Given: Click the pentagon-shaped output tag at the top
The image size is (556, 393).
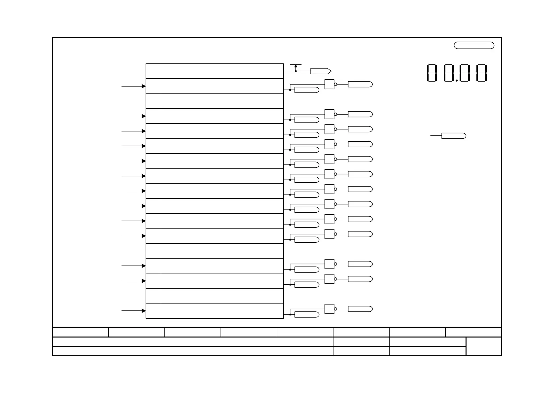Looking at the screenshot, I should (321, 71).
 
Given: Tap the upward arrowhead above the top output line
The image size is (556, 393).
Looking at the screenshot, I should (295, 66).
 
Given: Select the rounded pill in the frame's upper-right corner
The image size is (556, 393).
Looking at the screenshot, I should (474, 46).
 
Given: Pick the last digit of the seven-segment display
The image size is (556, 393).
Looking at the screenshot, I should (481, 73).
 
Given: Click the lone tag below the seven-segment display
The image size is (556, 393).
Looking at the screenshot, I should (454, 136).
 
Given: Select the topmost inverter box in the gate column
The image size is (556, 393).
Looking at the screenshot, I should (329, 84).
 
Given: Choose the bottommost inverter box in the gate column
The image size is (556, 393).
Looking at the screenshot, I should (329, 309).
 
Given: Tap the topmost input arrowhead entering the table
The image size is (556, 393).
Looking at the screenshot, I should (144, 86).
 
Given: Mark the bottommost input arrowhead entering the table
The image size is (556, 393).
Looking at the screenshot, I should (144, 311).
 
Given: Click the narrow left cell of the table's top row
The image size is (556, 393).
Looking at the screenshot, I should (154, 71).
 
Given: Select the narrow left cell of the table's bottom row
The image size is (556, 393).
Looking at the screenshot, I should (154, 311).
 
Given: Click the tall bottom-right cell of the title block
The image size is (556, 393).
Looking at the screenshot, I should (484, 346).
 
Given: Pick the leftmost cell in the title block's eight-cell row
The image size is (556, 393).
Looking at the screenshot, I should (81, 332).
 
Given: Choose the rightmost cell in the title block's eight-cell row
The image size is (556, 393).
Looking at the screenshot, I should (473, 332).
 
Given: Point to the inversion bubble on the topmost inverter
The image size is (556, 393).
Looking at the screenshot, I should (335, 84).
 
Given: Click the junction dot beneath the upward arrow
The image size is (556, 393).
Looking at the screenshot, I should (295, 71).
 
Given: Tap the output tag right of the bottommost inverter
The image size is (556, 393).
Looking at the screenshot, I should (360, 309).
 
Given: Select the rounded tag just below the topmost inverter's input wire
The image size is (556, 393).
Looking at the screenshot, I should (307, 90).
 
